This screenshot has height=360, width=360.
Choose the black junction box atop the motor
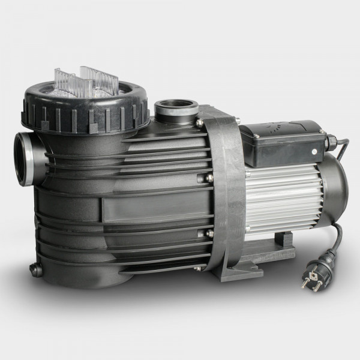tap(282, 144)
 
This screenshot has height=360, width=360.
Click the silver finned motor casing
tap(282, 198)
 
